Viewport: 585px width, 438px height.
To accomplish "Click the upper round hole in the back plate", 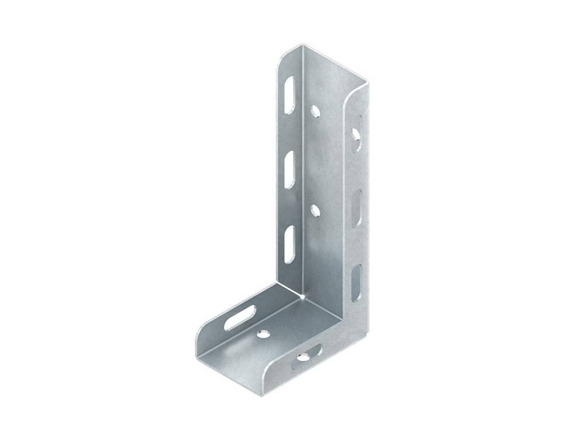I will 315,110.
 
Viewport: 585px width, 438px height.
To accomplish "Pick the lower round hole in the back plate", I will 315,209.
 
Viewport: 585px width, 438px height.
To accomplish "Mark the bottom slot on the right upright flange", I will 356,283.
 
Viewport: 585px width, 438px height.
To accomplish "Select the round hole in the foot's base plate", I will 263,335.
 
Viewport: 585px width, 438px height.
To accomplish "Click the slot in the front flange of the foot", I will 305,355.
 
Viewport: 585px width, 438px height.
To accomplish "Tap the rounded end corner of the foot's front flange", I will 266,374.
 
